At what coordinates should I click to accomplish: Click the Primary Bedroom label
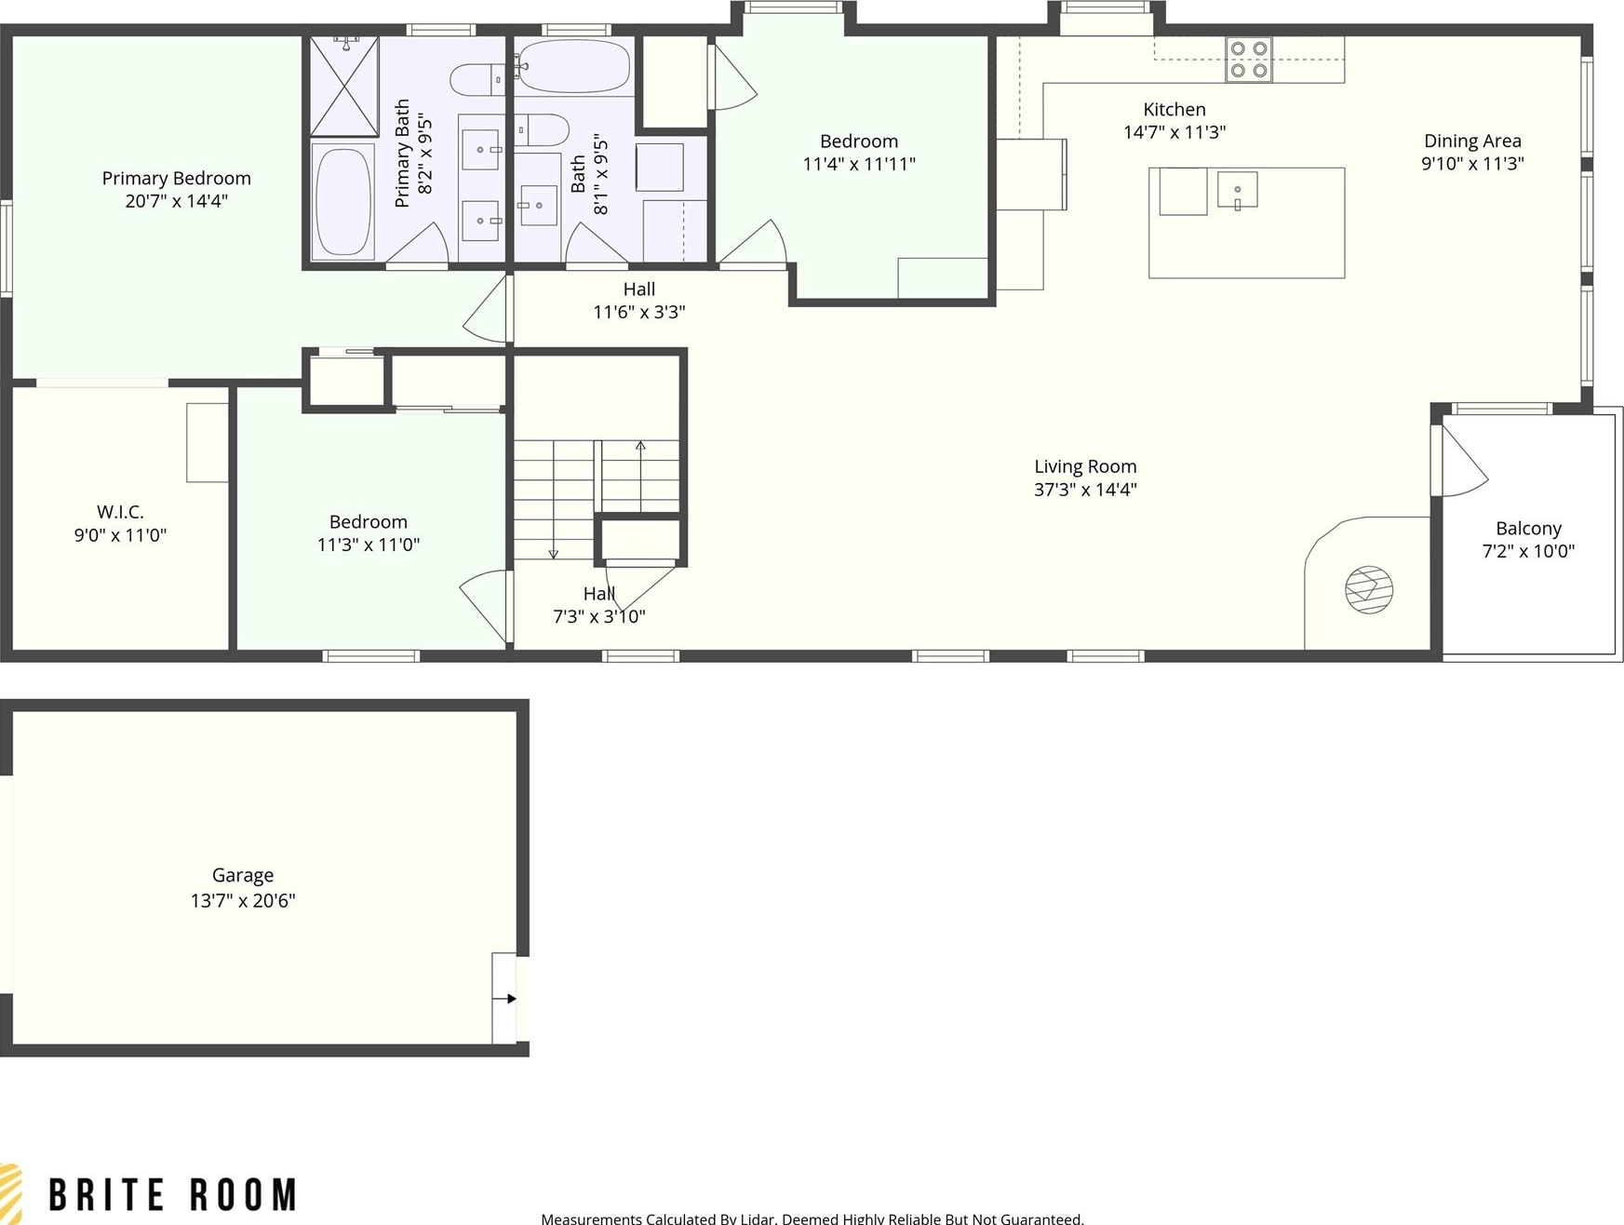pyautogui.click(x=176, y=178)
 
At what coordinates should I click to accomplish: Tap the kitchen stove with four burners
pyautogui.click(x=1248, y=60)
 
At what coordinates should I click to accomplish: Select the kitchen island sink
pyautogui.click(x=1238, y=190)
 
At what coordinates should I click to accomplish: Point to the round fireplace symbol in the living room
pyautogui.click(x=1369, y=589)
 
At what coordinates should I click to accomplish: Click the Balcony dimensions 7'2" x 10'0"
pyautogui.click(x=1528, y=551)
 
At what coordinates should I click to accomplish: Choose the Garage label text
pyautogui.click(x=243, y=875)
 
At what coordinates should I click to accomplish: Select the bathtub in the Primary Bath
pyautogui.click(x=342, y=201)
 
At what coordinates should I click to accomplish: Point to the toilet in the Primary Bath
pyautogui.click(x=480, y=78)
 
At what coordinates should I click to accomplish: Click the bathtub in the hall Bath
pyautogui.click(x=573, y=66)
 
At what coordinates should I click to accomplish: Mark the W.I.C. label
pyautogui.click(x=120, y=512)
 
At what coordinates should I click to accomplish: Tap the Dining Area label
pyautogui.click(x=1472, y=141)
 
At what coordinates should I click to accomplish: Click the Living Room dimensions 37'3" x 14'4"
pyautogui.click(x=1085, y=490)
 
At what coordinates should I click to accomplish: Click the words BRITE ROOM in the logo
pyautogui.click(x=173, y=1194)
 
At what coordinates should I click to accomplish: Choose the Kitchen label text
pyautogui.click(x=1174, y=109)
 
